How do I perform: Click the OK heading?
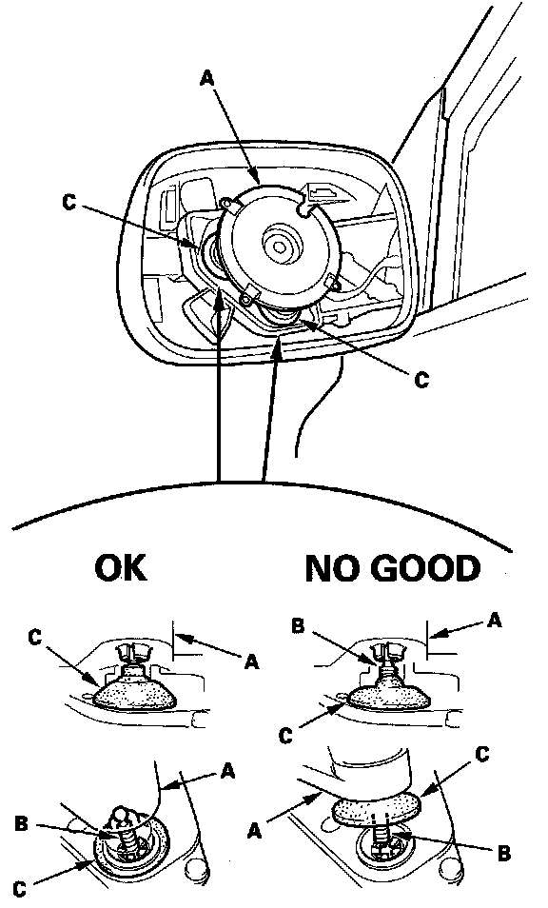click(121, 567)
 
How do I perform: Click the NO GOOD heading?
click(392, 568)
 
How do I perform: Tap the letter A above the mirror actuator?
click(206, 78)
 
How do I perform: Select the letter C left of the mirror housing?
click(69, 204)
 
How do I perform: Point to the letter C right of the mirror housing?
click(421, 380)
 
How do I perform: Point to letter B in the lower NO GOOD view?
click(503, 854)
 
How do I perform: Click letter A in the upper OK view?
click(251, 661)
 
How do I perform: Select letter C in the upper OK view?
click(34, 638)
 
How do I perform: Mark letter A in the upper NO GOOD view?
click(494, 621)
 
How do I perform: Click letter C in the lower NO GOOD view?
click(482, 754)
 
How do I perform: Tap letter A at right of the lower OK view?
click(228, 771)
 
